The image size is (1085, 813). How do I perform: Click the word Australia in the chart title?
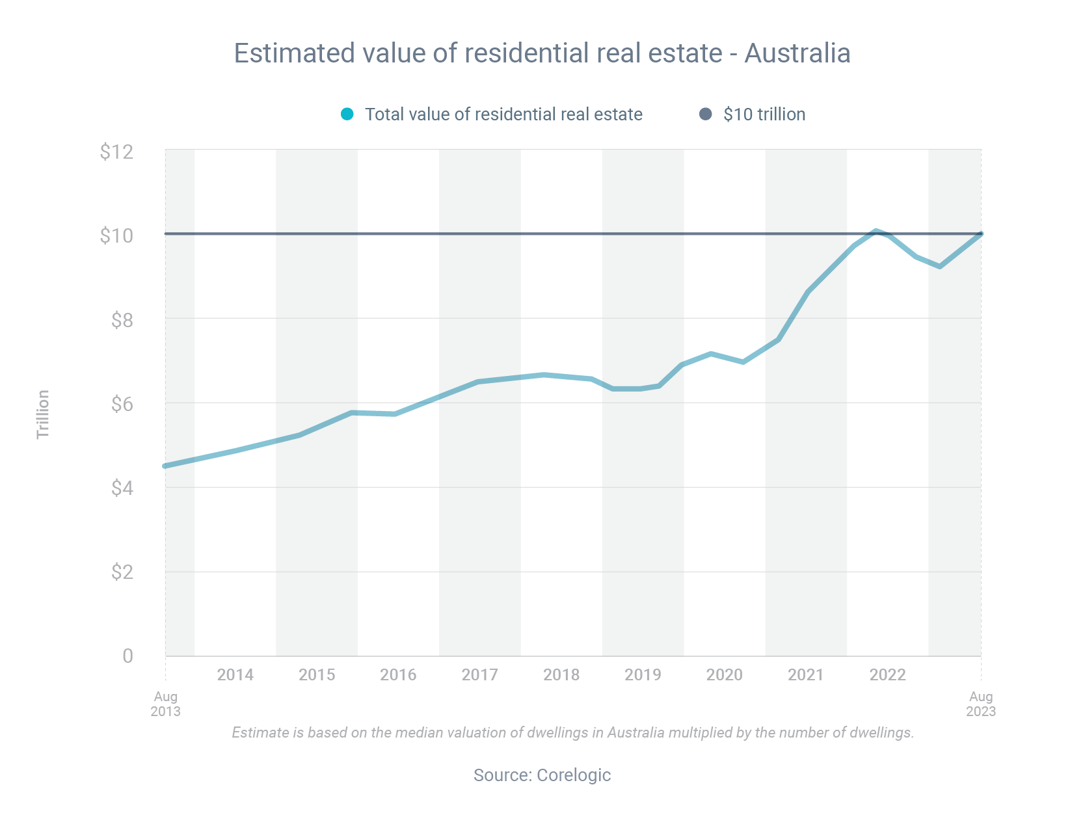797,53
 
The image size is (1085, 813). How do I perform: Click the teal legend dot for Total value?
347,114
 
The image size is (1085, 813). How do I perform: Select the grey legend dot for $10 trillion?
706,114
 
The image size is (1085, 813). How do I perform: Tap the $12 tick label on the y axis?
116,152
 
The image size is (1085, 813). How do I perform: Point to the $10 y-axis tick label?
116,235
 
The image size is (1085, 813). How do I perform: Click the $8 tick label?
122,320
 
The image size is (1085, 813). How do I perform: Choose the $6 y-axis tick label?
122,404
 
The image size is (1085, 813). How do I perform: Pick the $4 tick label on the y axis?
122,488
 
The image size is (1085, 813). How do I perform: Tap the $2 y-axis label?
122,572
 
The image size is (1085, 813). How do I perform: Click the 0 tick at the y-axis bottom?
127,656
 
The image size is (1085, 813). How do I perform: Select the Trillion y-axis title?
43,414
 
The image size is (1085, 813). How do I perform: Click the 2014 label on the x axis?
235,674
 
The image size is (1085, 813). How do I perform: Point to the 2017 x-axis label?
479,674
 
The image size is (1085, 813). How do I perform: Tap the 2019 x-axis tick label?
643,674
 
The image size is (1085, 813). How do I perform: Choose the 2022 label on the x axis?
887,674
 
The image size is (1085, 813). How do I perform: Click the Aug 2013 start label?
166,704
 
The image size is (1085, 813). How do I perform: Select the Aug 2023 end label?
980,704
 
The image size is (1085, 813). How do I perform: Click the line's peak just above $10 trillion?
876,231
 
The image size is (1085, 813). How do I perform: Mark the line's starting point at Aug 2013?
166,466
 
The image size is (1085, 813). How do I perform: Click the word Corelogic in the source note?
574,775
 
